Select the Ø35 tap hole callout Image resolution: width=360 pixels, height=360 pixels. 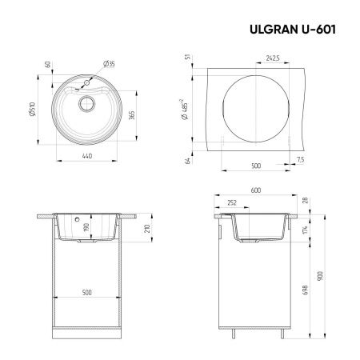click(109, 64)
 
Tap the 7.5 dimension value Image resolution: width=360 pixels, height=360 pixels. click(301, 159)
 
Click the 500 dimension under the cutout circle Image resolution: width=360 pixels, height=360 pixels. click(255, 166)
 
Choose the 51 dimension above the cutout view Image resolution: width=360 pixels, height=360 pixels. click(186, 57)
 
